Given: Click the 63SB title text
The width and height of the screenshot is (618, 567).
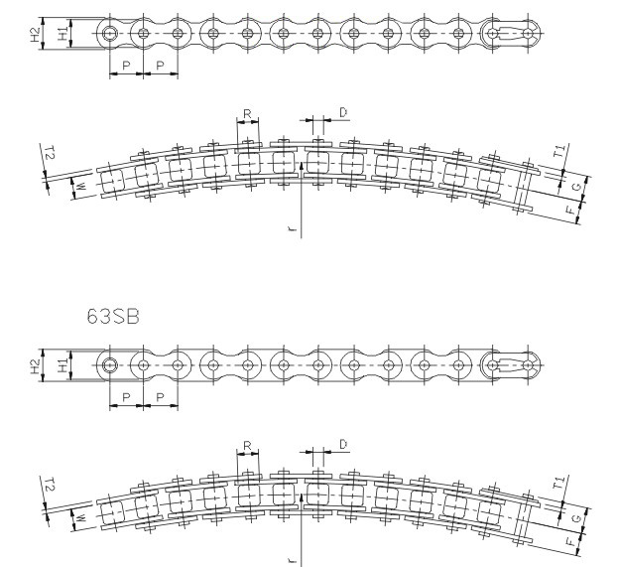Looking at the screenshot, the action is tap(113, 316).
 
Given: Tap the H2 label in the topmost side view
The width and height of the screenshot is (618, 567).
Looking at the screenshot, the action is tap(36, 35).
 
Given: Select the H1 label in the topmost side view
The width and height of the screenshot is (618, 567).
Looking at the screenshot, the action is tap(63, 35).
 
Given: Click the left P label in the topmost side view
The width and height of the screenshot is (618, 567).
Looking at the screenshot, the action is tap(126, 66).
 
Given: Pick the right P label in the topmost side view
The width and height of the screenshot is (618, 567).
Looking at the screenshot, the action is tap(160, 66).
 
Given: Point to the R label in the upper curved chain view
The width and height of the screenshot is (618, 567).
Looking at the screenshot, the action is tap(248, 114).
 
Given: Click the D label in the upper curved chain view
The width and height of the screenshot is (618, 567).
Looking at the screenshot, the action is tap(343, 113).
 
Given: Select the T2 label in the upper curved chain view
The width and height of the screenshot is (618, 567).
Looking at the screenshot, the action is tap(50, 152).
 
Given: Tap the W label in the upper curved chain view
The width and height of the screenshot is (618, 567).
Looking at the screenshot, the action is tap(80, 187).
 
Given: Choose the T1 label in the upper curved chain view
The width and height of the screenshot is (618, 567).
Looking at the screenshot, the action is tap(560, 151).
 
